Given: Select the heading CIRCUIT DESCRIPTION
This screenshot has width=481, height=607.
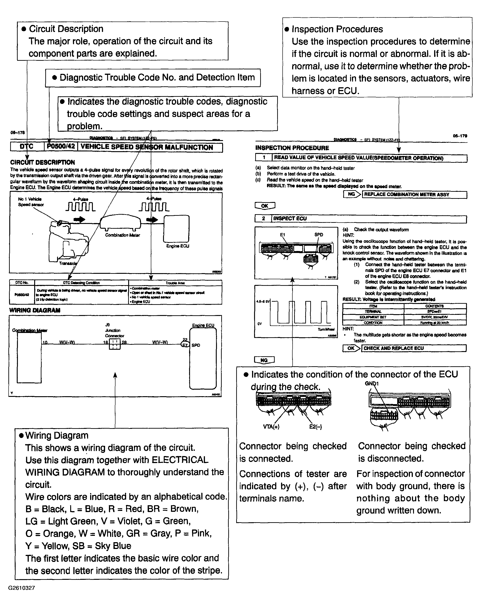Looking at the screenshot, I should (x=43, y=163).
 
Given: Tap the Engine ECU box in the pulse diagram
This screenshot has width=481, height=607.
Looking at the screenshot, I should (x=176, y=229).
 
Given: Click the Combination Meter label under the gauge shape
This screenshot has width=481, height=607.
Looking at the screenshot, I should (x=122, y=235).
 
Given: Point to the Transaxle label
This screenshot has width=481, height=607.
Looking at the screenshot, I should (x=68, y=263).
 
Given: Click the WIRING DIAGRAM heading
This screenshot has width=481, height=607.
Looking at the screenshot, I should (x=35, y=310).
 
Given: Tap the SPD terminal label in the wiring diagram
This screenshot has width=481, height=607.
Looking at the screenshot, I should (x=196, y=345).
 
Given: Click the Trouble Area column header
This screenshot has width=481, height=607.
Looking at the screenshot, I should (x=175, y=283).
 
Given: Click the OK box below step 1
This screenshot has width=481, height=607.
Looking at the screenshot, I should (x=265, y=206).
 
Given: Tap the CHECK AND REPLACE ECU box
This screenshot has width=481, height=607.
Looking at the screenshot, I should (x=414, y=348).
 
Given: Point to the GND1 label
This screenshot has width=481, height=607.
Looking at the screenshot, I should (x=372, y=384).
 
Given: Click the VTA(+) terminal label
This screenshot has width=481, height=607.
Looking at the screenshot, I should (x=271, y=427).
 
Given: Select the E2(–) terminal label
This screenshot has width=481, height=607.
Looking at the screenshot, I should (x=315, y=427).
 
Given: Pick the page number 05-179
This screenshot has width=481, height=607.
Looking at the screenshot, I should (x=460, y=136).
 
